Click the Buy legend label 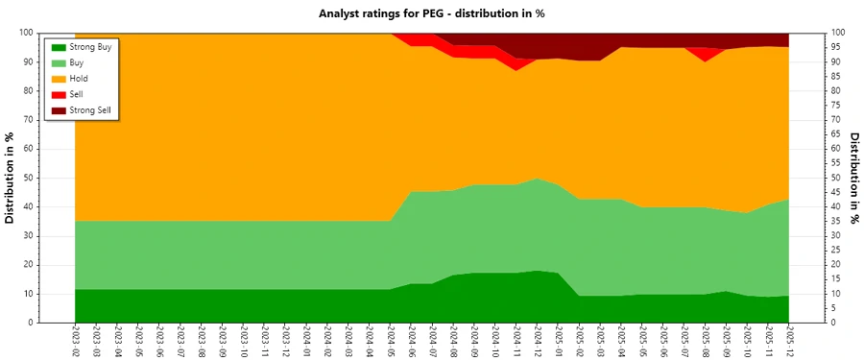[79, 62]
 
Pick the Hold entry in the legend [81, 79]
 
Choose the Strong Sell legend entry [92, 110]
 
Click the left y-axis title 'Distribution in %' [11, 179]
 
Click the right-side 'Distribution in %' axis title [853, 179]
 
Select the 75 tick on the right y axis [836, 106]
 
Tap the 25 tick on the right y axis [836, 250]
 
